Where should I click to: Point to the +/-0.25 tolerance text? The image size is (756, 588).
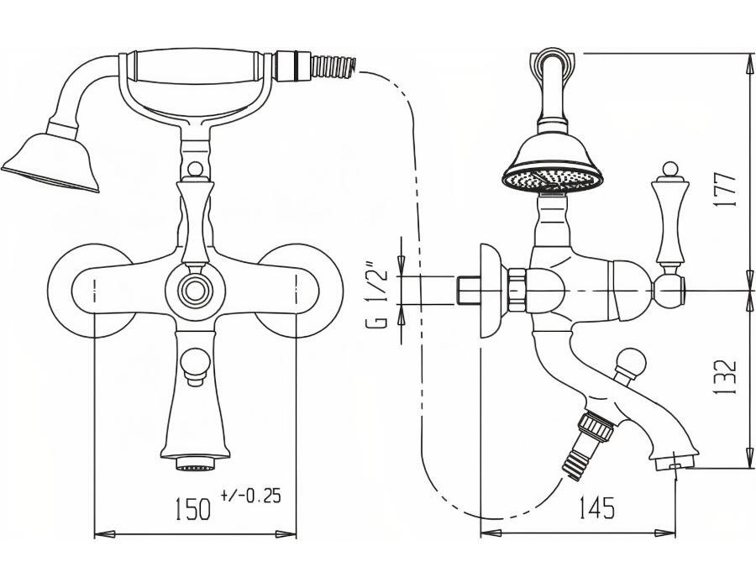click(250, 496)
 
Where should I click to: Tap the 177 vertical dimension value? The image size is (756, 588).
click(726, 189)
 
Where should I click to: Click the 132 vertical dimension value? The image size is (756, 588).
click(726, 377)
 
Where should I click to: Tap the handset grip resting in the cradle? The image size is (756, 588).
click(197, 66)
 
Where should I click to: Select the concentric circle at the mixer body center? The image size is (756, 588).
click(195, 290)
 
